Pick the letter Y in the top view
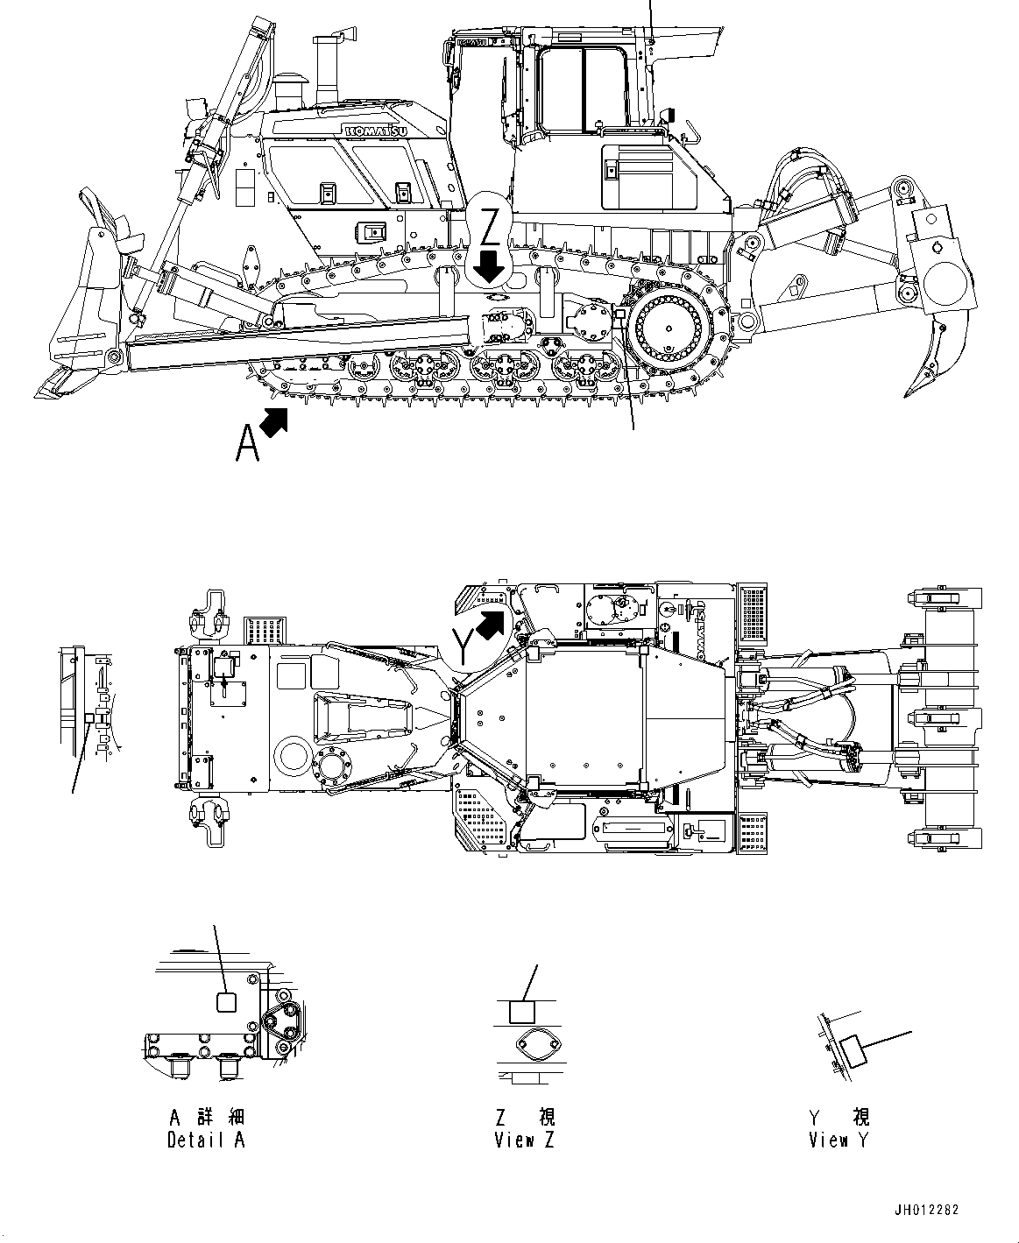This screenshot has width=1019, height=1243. point(464,645)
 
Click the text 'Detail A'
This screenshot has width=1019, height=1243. point(206,1140)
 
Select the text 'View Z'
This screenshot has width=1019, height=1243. point(525,1140)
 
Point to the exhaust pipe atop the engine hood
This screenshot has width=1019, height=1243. point(328,66)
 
